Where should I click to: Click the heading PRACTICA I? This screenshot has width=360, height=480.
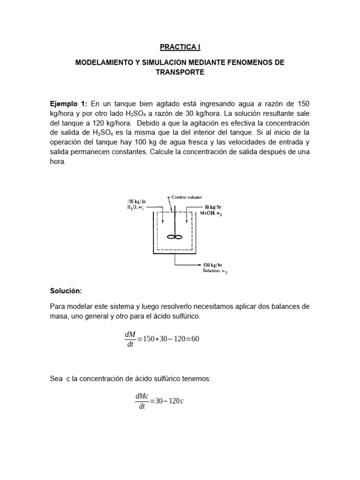[x=180, y=47]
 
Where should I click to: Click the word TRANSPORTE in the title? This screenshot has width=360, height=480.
[x=180, y=73]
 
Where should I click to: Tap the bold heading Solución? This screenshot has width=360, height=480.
[x=66, y=291]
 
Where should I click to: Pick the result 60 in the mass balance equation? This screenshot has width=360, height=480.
[x=195, y=339]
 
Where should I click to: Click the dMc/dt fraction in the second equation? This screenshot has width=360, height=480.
[x=142, y=401]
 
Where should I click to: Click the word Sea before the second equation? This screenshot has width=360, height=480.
[x=56, y=379]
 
